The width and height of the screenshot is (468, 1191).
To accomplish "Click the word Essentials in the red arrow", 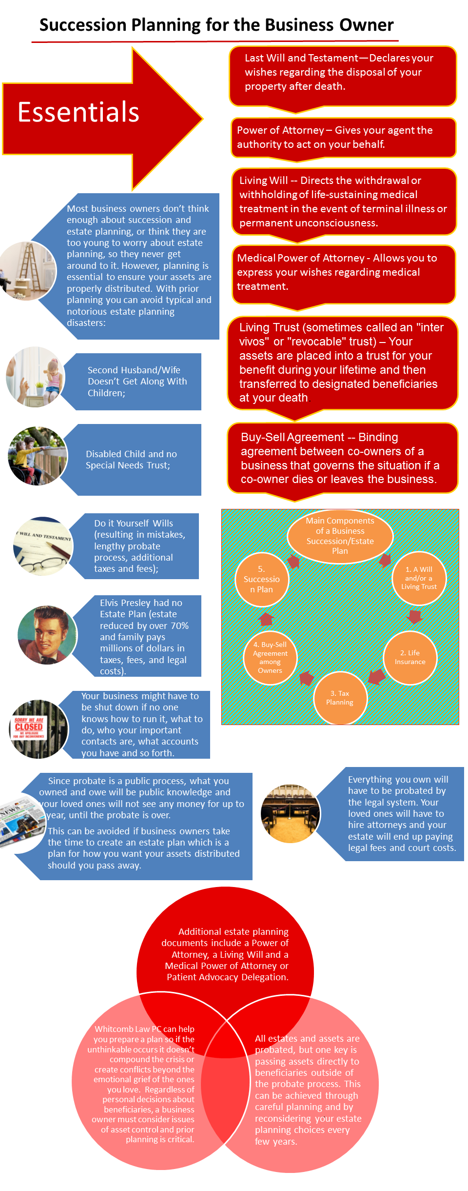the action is [x=78, y=112].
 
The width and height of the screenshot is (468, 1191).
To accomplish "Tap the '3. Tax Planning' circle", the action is [x=340, y=698].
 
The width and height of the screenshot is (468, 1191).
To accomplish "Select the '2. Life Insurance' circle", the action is [x=410, y=657].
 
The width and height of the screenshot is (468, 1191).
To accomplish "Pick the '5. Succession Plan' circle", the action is [x=262, y=580].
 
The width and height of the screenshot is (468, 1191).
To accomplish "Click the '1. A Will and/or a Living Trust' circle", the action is [x=419, y=578].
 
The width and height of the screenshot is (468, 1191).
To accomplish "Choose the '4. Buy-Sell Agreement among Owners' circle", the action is [x=270, y=657].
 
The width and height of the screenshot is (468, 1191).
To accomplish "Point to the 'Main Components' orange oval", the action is [x=340, y=536].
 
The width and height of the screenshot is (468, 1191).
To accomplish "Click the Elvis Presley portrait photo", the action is [x=47, y=635].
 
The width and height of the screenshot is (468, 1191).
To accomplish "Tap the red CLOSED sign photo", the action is [x=39, y=729].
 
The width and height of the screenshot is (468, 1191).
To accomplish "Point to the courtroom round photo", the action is [x=291, y=813].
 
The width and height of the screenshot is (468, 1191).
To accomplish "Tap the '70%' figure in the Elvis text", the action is [x=179, y=626].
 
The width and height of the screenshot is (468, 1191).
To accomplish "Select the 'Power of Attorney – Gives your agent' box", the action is [x=343, y=138].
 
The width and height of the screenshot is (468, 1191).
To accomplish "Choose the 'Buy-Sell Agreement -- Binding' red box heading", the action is [x=319, y=437].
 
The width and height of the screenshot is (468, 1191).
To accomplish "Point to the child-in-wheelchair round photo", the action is [x=38, y=456].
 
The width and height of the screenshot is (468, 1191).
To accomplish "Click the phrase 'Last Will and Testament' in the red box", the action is [x=301, y=58].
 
